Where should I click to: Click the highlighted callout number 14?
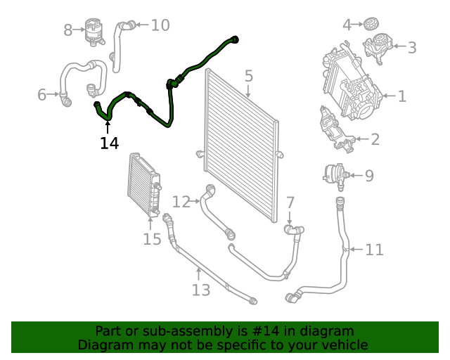pos(109,143)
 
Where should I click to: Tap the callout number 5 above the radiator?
pos(249,76)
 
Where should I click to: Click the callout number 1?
pos(401,96)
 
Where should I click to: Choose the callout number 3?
pos(411,48)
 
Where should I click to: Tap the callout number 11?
pos(374,250)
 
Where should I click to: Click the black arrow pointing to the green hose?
pos(108,127)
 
